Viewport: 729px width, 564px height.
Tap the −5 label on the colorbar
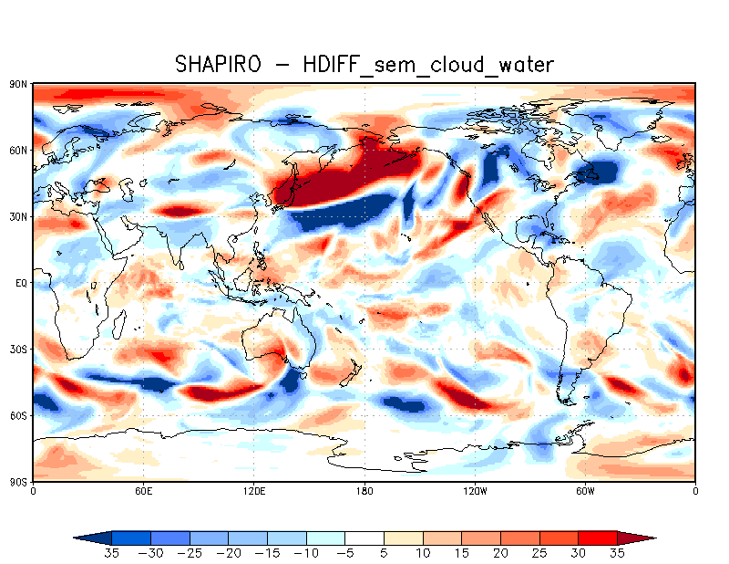(x=345, y=554)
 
